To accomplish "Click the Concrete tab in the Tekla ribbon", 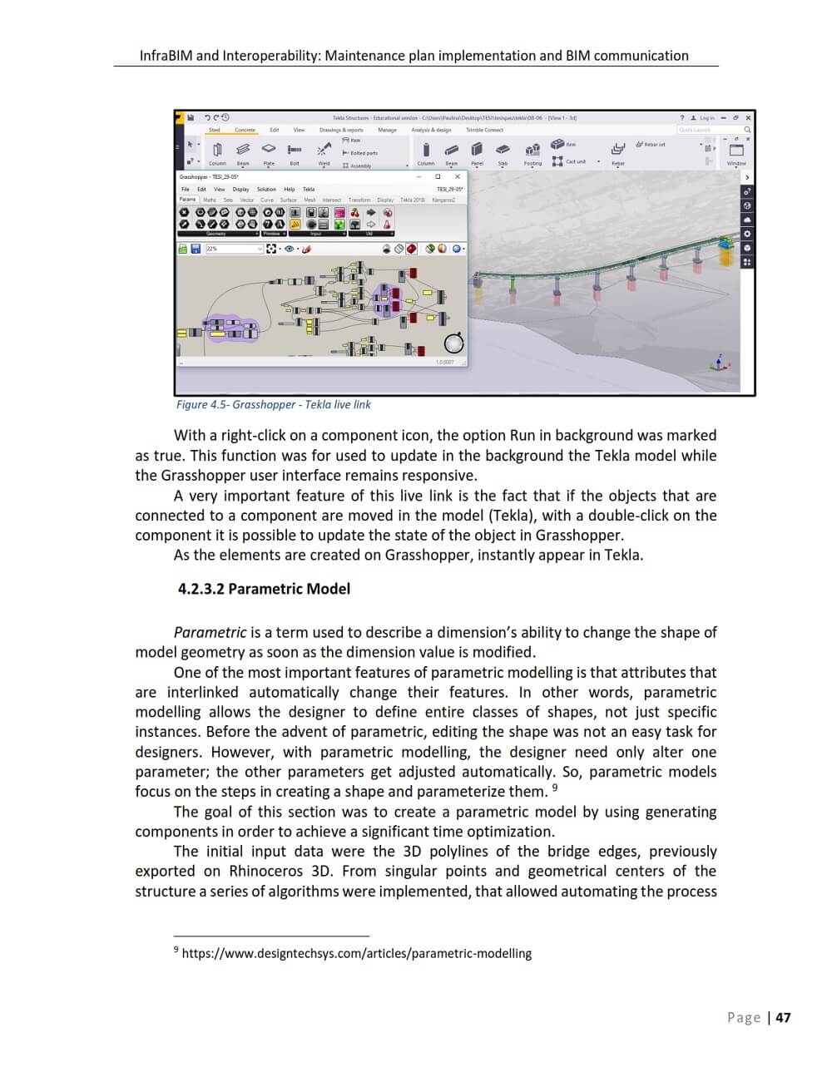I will [x=245, y=130].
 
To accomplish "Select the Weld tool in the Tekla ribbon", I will [x=324, y=152].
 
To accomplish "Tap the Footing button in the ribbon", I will [x=532, y=152].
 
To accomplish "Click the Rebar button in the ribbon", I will [x=617, y=152].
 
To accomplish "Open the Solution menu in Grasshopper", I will [x=266, y=189].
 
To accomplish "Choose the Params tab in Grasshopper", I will [x=188, y=200].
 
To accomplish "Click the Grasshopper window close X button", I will [x=457, y=176].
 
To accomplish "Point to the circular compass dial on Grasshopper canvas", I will [x=453, y=343].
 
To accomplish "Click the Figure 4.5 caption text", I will [x=273, y=405].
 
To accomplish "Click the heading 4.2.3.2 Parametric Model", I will [x=264, y=589].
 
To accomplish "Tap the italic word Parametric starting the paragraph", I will [x=210, y=632].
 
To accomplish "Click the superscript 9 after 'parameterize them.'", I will [x=555, y=788].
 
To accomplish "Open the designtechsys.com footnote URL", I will [x=356, y=954].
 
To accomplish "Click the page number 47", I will [x=782, y=1017].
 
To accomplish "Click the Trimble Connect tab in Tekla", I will [x=484, y=130].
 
